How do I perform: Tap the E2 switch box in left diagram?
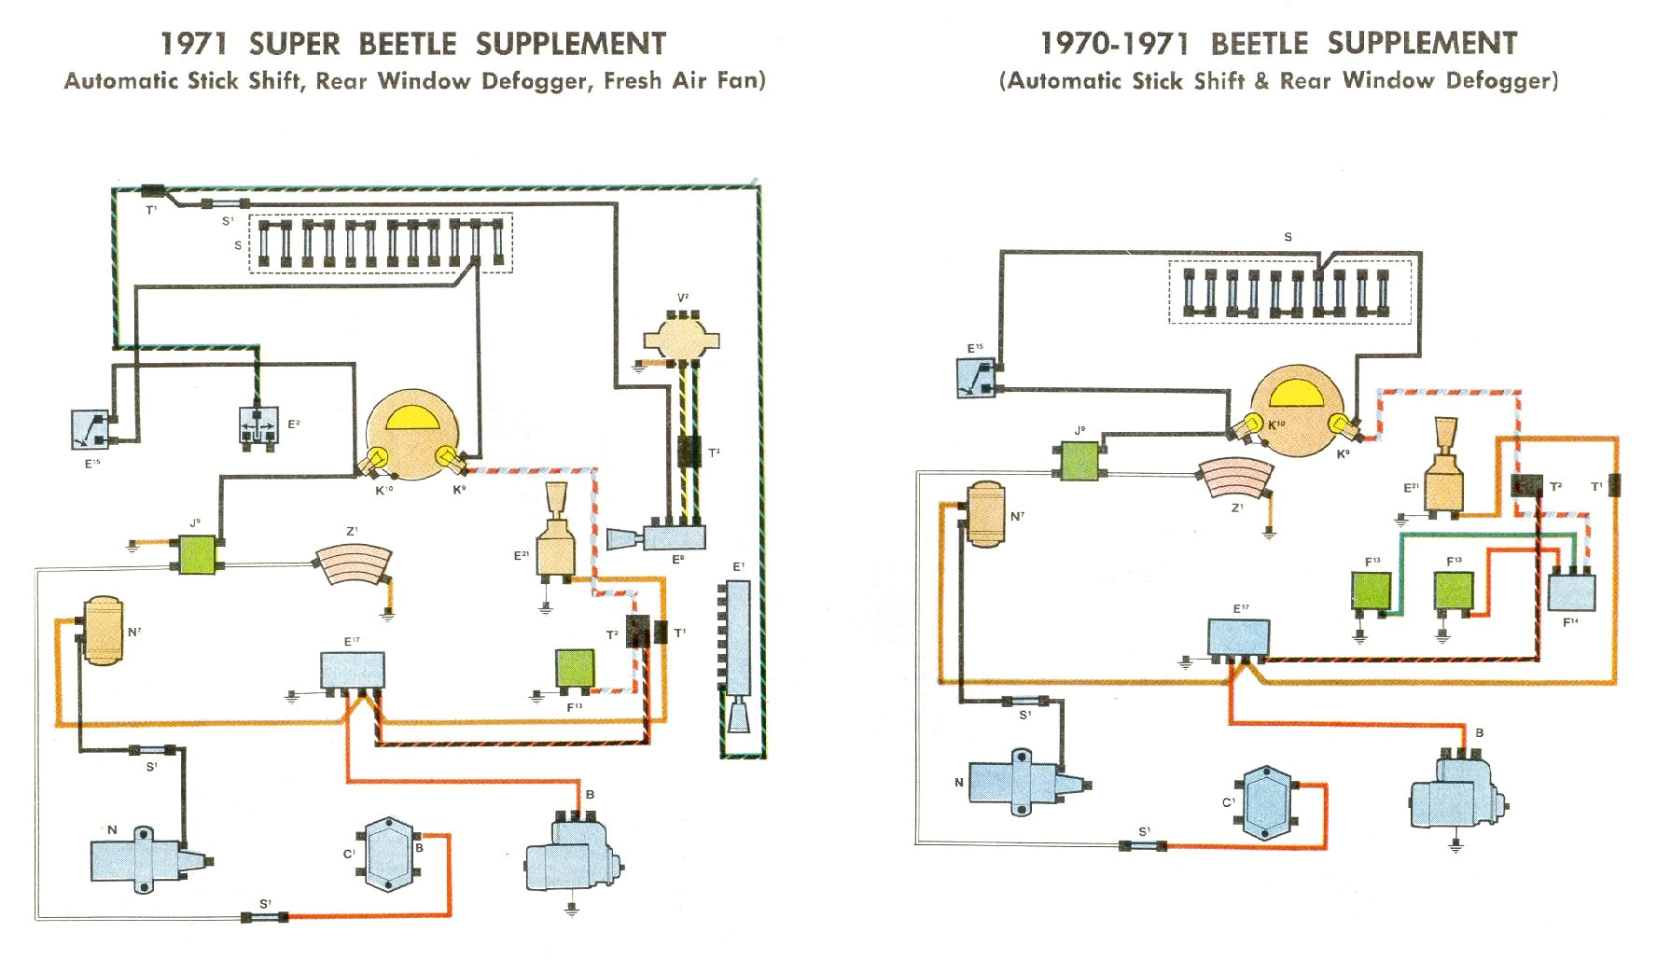[x=257, y=425]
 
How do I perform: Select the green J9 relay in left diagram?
[x=197, y=554]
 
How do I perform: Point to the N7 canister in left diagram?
[x=104, y=631]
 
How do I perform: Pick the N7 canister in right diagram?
[x=986, y=513]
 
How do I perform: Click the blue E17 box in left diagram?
[x=353, y=670]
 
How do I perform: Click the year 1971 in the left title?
[x=193, y=44]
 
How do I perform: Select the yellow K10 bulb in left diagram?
[x=379, y=458]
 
